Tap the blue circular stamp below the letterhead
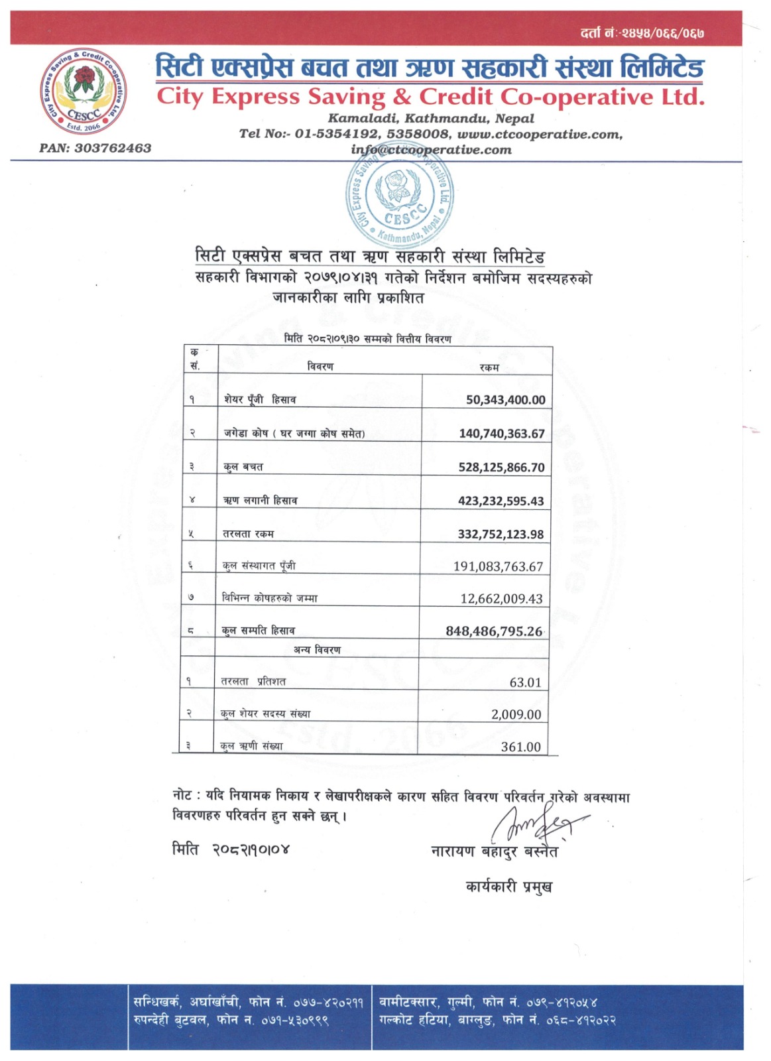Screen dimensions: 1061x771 tap(400, 198)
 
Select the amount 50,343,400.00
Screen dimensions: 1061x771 tap(505, 400)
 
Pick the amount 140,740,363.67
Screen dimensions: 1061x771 tap(501, 434)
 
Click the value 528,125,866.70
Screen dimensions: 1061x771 tap(501, 467)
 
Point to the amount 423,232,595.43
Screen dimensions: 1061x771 tap(501, 501)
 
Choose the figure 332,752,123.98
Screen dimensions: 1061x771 tap(501, 534)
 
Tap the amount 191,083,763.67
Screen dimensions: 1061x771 tap(498, 566)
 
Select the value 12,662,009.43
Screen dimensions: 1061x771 tap(501, 599)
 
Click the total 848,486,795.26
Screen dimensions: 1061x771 tap(494, 631)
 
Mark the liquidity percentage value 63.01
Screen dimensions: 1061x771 tap(525, 682)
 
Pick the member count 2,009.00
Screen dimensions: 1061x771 tap(516, 714)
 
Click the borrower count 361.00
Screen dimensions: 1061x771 tap(520, 747)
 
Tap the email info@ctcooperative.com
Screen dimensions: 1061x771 tap(431, 150)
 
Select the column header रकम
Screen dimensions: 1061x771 tap(489, 367)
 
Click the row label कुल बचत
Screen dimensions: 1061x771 tap(243, 467)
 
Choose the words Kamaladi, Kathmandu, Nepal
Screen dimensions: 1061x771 tap(431, 119)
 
